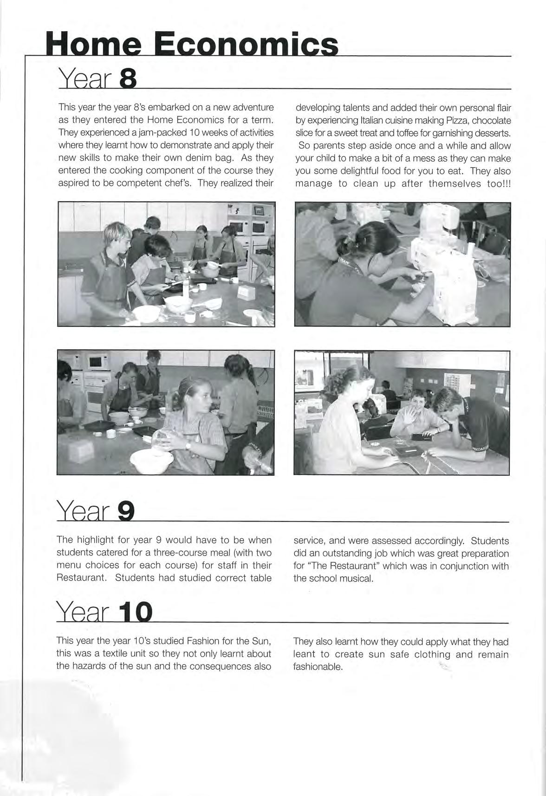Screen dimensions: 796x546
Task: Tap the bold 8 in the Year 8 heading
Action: [128, 80]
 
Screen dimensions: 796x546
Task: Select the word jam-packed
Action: [137, 133]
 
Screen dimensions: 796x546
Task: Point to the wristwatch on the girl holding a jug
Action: [188, 445]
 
